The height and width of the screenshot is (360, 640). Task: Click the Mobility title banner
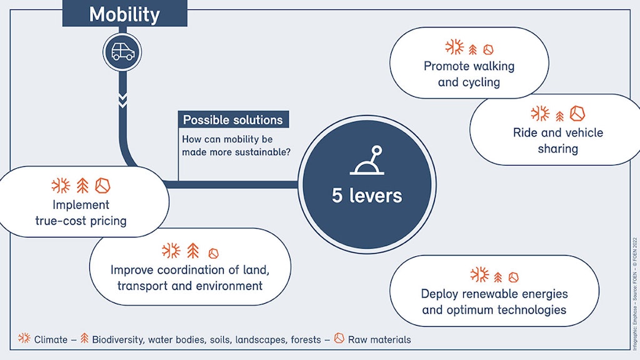tap(124, 14)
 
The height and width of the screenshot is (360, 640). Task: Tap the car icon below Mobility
tap(122, 52)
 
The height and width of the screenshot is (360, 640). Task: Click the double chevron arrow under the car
tap(122, 99)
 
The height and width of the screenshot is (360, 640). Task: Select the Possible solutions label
tap(233, 120)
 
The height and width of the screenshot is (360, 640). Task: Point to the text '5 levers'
tap(367, 196)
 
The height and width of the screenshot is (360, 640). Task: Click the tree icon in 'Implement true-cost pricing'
tap(82, 186)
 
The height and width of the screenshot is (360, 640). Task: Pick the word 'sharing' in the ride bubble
tap(558, 149)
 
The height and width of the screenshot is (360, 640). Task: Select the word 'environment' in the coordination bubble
tap(227, 286)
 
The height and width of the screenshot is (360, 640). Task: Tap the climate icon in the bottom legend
tap(24, 339)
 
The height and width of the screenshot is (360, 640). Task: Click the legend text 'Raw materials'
tap(380, 339)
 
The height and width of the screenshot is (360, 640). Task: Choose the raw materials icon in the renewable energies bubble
tap(514, 277)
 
